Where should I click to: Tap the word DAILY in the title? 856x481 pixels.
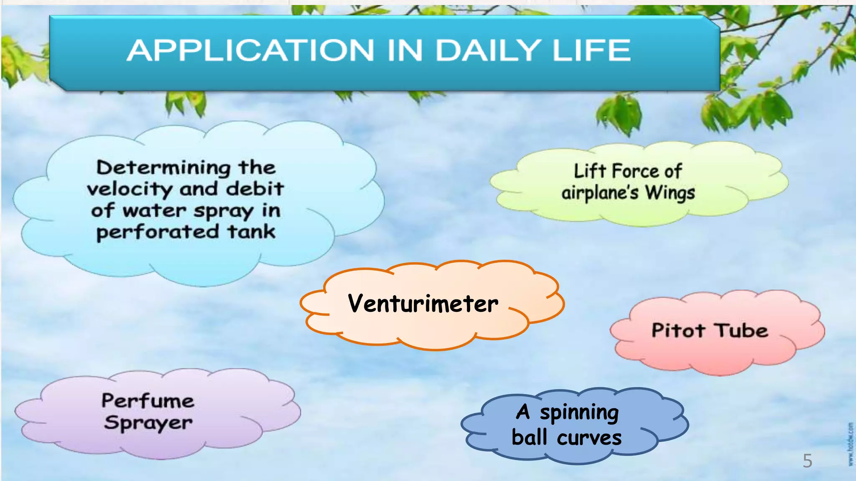click(487, 51)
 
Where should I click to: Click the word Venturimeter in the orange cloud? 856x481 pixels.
click(423, 304)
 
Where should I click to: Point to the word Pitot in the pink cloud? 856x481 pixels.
click(678, 331)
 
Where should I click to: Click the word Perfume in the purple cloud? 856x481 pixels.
click(148, 401)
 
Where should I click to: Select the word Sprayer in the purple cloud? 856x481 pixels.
click(148, 423)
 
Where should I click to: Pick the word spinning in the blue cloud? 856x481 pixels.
click(579, 413)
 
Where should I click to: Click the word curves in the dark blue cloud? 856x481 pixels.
click(589, 438)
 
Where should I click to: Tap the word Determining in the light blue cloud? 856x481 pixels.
click(163, 168)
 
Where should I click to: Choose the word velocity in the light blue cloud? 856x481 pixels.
click(130, 190)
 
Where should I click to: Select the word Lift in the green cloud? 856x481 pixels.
click(590, 171)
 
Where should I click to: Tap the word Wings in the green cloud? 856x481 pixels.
click(670, 193)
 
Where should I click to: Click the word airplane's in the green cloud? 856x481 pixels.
click(600, 193)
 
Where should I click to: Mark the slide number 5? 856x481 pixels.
click(807, 461)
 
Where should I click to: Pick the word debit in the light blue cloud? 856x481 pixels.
click(255, 189)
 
